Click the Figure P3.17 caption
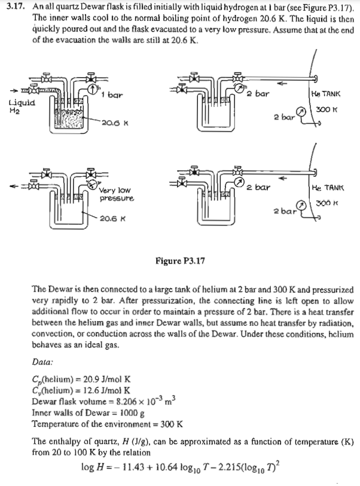180,261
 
